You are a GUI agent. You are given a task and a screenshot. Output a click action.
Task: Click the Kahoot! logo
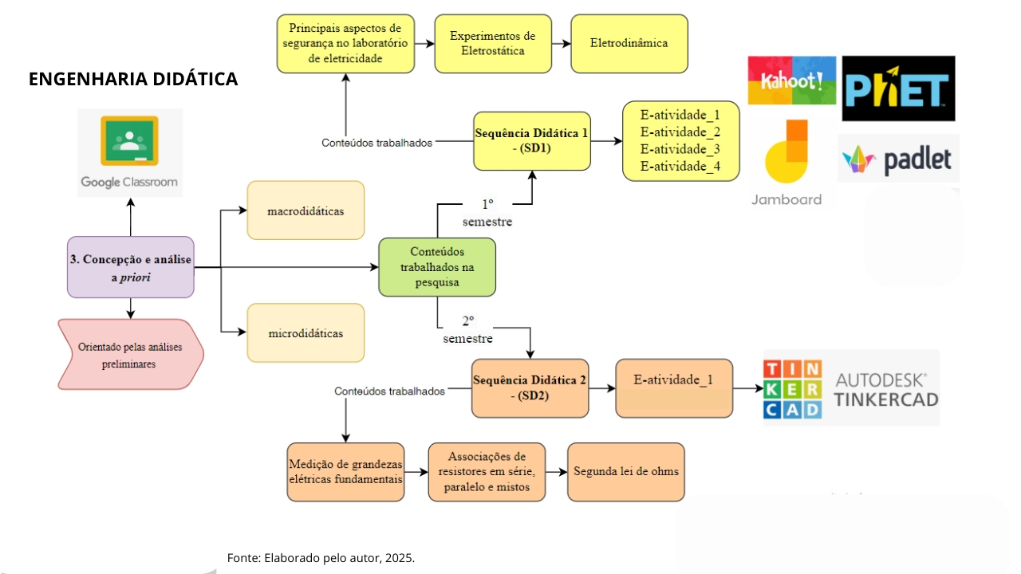791,80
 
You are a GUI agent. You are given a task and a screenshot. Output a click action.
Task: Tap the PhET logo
898,88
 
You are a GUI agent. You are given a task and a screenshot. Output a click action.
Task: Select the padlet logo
898,159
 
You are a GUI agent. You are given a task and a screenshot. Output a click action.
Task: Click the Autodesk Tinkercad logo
851,388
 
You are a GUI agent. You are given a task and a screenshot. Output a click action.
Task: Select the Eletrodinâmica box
629,44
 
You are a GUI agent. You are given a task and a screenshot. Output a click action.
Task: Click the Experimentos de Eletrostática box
492,44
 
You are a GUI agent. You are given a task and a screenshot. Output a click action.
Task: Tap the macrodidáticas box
306,211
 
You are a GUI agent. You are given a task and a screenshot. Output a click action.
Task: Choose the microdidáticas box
306,333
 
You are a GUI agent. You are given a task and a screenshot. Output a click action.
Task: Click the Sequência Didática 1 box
531,141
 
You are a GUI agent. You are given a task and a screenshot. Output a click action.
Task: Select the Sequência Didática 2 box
530,388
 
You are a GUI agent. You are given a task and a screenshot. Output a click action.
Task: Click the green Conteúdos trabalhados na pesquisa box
436,267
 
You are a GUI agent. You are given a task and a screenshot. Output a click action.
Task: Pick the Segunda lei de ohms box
625,472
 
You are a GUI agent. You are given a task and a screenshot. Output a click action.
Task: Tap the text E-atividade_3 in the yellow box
680,149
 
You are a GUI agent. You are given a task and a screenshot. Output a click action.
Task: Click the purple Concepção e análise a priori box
131,267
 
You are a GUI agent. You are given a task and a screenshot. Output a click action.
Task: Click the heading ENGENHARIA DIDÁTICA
133,80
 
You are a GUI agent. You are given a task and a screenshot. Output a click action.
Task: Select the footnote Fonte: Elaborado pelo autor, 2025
321,558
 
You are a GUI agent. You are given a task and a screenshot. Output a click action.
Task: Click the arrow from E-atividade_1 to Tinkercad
747,388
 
